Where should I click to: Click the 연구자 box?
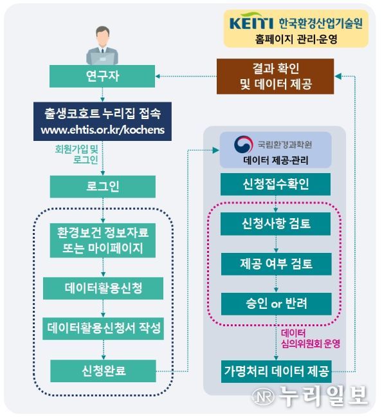click(x=102, y=76)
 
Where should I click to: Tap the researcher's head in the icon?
click(x=102, y=35)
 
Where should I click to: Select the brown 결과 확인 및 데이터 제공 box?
click(x=275, y=77)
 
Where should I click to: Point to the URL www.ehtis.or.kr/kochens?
click(x=103, y=130)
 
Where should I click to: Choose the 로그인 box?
click(x=103, y=187)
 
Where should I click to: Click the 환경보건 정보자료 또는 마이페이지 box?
click(x=103, y=241)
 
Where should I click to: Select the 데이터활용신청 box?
click(x=103, y=288)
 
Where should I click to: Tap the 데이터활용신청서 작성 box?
click(x=103, y=328)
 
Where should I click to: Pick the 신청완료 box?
click(x=103, y=371)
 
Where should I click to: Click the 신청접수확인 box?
click(x=276, y=184)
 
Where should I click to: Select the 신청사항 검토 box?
click(x=276, y=224)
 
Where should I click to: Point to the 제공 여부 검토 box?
click(x=276, y=264)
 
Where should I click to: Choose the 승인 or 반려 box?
click(x=276, y=304)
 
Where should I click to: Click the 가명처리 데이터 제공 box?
click(x=276, y=371)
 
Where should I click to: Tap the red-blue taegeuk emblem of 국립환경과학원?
click(x=243, y=145)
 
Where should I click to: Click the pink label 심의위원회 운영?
click(x=311, y=344)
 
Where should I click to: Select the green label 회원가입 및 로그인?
click(x=77, y=154)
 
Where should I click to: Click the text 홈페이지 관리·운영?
click(x=296, y=39)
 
